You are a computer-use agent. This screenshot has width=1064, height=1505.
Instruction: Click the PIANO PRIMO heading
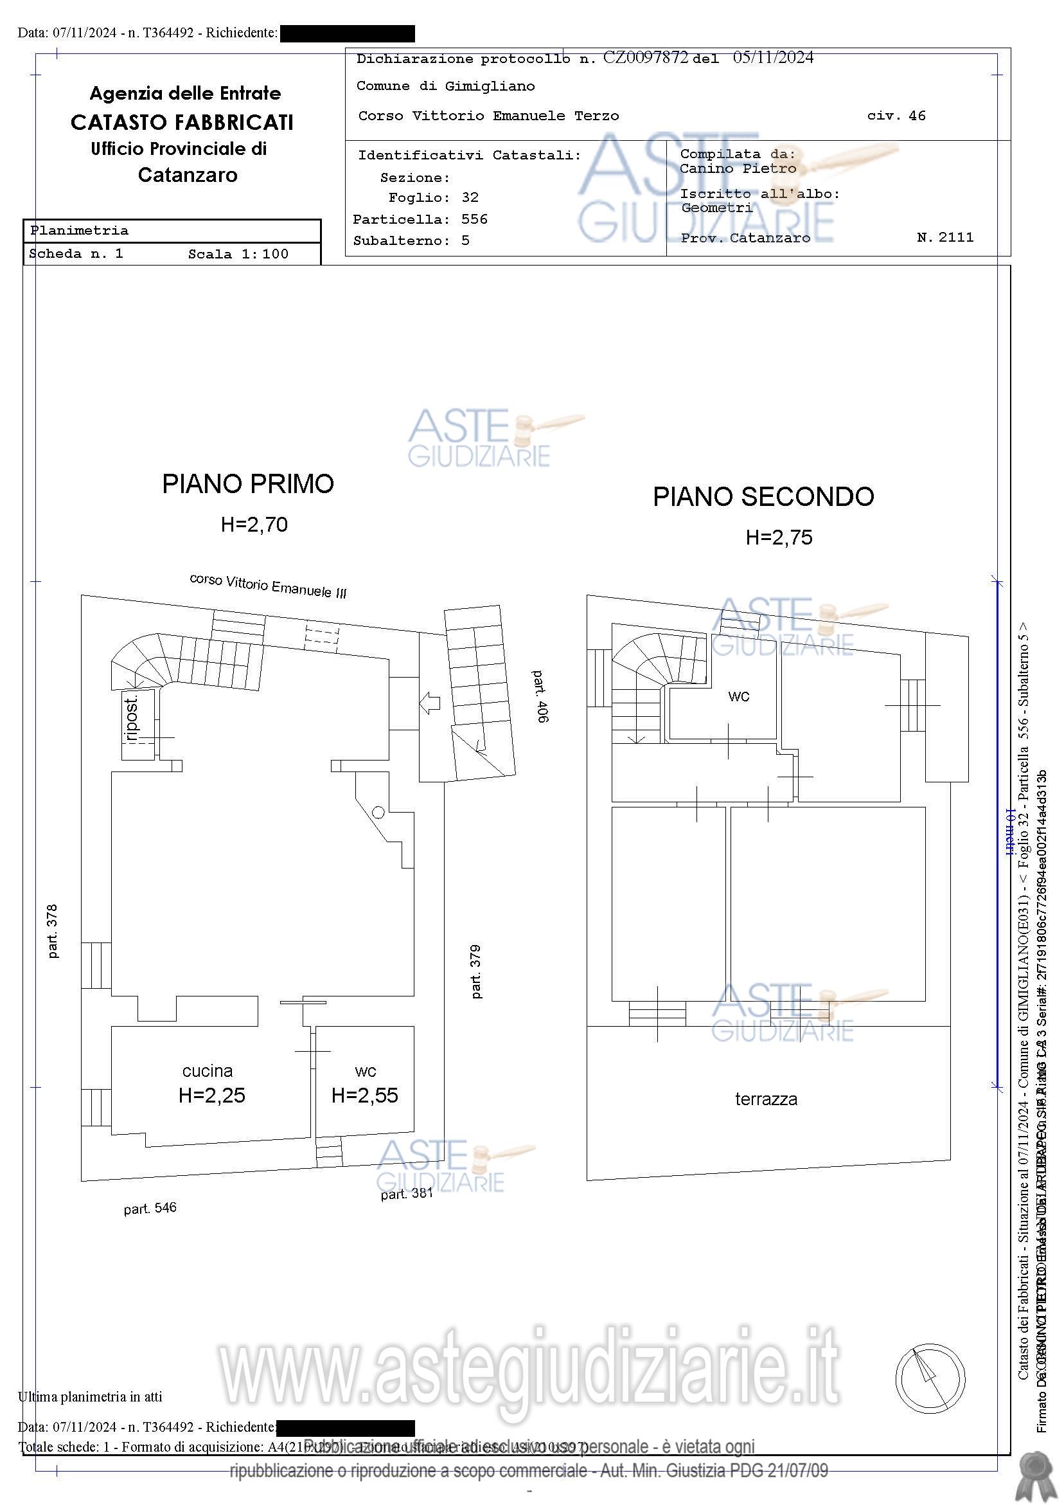point(247,484)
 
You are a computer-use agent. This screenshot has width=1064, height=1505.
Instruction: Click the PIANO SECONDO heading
point(763,497)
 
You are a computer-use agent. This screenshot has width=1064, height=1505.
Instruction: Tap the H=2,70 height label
point(254,525)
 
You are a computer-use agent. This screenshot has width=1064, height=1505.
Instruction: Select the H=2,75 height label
point(778,537)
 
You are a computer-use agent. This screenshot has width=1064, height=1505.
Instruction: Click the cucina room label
point(207,1071)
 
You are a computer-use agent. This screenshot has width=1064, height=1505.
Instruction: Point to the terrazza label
point(766,1099)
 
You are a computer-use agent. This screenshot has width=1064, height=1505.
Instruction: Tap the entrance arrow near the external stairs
point(430,703)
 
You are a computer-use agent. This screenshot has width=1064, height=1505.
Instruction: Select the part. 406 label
point(540,696)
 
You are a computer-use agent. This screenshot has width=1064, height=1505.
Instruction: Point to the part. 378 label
point(53,932)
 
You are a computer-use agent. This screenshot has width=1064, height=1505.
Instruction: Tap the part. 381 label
point(407,1194)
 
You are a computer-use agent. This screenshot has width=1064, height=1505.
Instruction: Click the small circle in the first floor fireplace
point(378,812)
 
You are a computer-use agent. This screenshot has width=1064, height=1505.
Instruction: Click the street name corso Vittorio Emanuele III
point(267,586)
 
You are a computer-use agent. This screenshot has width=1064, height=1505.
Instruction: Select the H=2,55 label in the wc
point(364,1095)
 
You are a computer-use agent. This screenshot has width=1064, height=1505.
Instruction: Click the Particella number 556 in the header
point(474,219)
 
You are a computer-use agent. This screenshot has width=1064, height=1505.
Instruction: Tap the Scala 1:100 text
point(238,255)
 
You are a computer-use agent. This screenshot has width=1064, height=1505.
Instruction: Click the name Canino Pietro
point(738,168)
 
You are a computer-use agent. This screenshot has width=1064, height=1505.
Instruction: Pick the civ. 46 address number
point(896,116)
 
